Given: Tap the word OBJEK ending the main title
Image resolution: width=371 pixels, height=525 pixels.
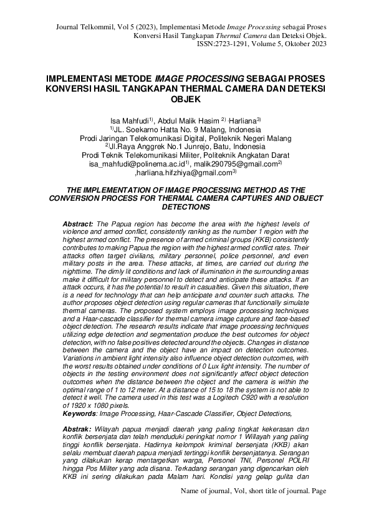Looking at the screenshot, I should point(186,99).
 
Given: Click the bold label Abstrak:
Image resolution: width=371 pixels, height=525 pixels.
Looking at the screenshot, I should point(77,430).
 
